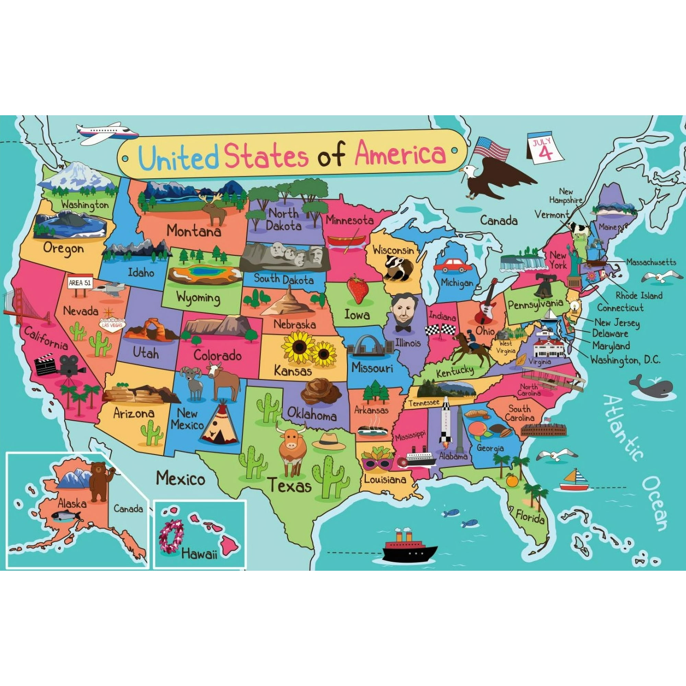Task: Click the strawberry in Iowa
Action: [x=357, y=288]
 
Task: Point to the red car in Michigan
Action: [x=452, y=265]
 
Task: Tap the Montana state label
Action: [x=194, y=231]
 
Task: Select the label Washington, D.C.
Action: [x=625, y=360]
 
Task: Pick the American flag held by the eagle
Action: [x=492, y=148]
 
